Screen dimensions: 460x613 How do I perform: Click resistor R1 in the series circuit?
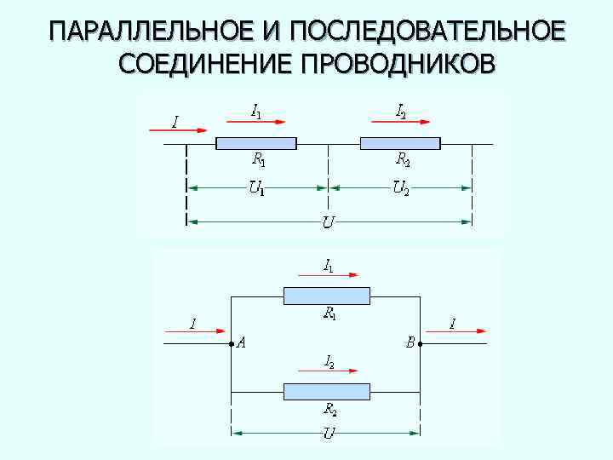click(x=256, y=143)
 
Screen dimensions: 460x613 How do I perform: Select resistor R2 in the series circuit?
click(x=400, y=143)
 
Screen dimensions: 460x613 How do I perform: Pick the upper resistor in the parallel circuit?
click(x=327, y=296)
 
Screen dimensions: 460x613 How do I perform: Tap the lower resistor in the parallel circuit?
click(x=327, y=392)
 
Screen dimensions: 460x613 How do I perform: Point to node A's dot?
click(x=232, y=344)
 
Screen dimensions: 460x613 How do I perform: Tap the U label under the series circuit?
click(x=328, y=223)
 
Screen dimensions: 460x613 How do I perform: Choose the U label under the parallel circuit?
click(x=328, y=434)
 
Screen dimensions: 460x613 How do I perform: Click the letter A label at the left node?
click(x=242, y=343)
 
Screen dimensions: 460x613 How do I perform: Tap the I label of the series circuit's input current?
click(x=175, y=123)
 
